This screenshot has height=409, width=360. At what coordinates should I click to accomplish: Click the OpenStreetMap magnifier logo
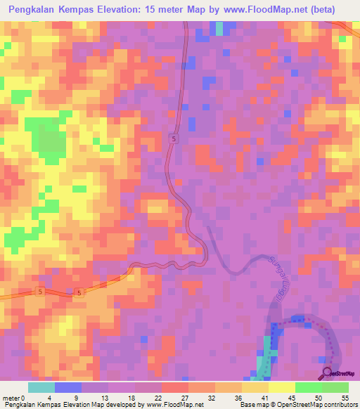coord(327,372)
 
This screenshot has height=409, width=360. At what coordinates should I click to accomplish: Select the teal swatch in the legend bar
coord(41,387)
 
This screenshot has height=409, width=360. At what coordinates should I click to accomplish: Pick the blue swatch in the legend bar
coord(68,387)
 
